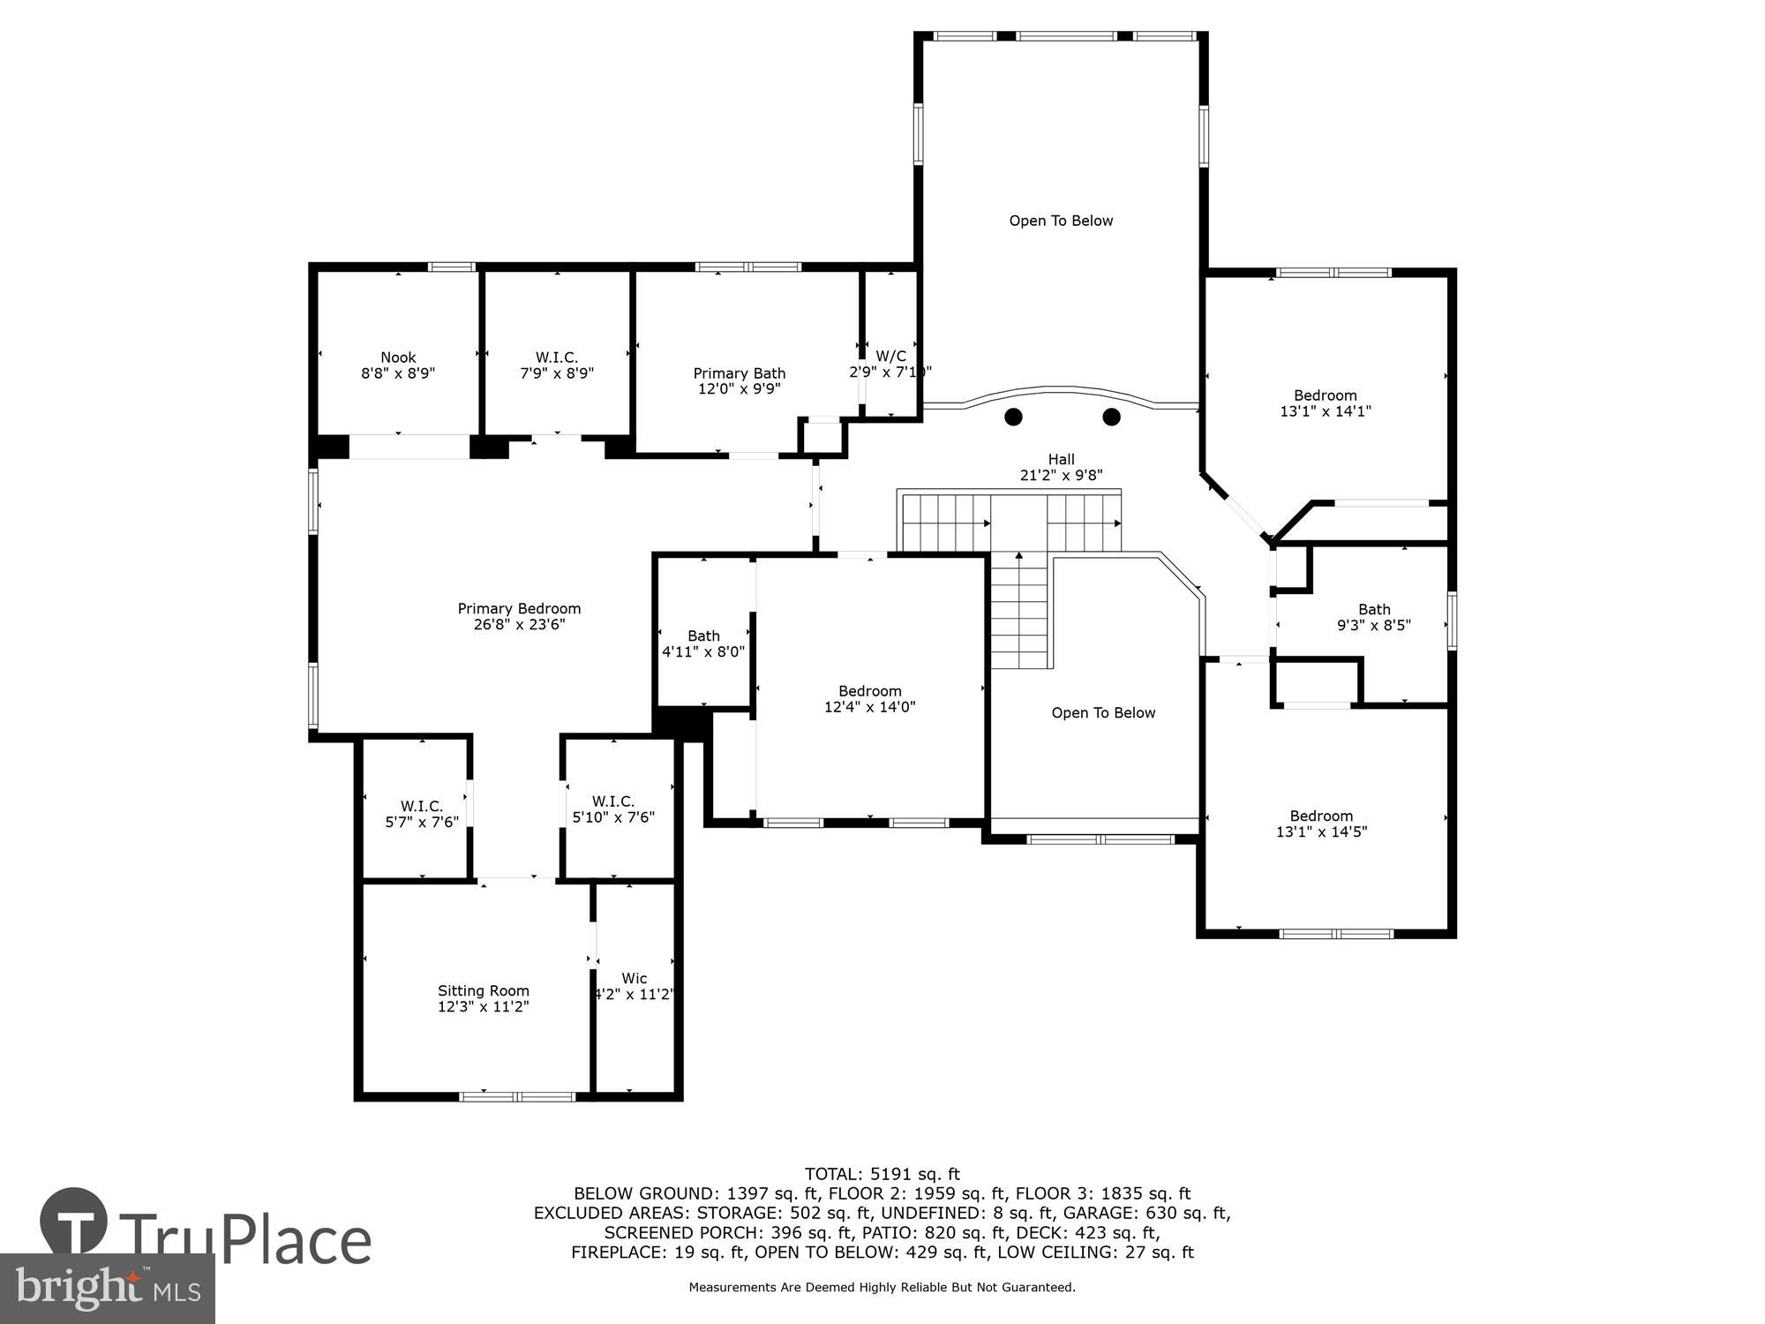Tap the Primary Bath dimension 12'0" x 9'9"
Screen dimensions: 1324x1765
(x=739, y=389)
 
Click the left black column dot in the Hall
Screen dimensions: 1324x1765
(x=1013, y=417)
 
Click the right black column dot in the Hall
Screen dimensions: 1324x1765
(x=1112, y=417)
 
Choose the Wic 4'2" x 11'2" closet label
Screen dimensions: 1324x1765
(x=634, y=986)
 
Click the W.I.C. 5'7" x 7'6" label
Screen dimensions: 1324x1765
(x=422, y=814)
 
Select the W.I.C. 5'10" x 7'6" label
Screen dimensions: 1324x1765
(x=613, y=809)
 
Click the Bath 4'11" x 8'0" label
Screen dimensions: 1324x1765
(x=703, y=643)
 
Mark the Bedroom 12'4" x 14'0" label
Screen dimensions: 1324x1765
(x=870, y=699)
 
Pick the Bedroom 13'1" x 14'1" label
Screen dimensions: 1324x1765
(x=1325, y=403)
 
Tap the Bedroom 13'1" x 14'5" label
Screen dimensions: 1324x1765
(x=1321, y=824)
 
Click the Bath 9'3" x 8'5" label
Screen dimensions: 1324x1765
(x=1374, y=617)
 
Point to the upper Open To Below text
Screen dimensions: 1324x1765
(x=1061, y=221)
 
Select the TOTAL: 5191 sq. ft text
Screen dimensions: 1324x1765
(x=882, y=1174)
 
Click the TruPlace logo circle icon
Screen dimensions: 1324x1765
(x=74, y=1222)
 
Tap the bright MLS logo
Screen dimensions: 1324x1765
(x=107, y=1289)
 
